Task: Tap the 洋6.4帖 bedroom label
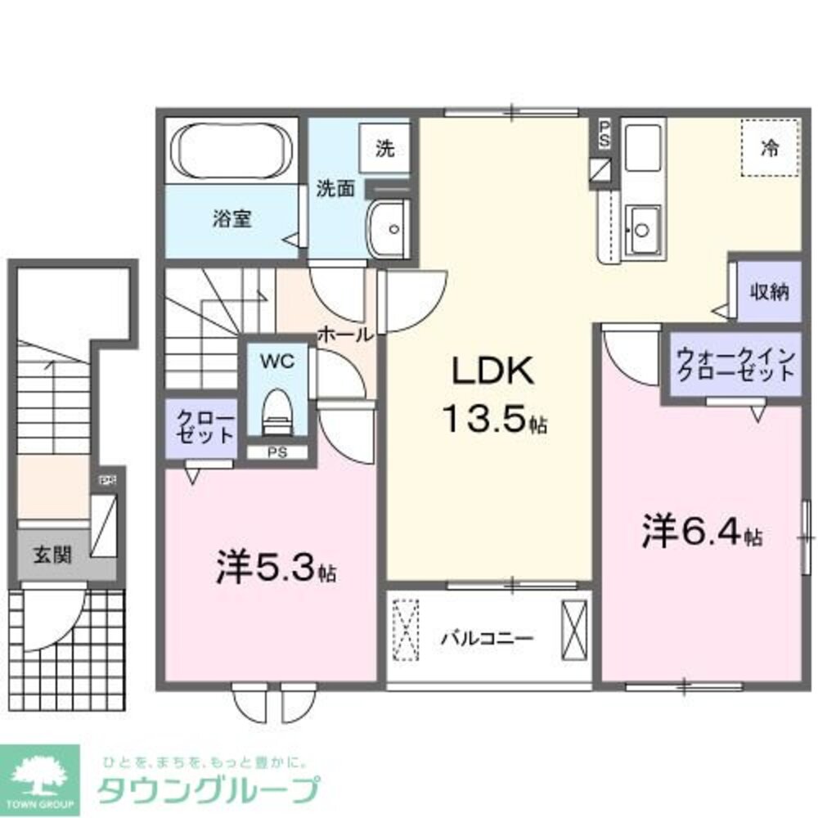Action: [702, 532]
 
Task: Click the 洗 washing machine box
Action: [384, 149]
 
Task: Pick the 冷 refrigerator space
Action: [769, 147]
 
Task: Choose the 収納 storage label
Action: [770, 291]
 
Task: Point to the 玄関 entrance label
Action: [52, 555]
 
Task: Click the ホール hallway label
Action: [344, 333]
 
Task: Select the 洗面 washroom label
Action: [335, 188]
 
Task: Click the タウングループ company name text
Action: [209, 791]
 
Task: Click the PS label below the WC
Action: [276, 452]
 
